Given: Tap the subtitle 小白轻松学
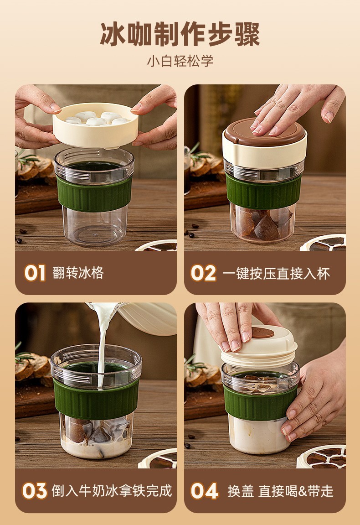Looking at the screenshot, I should click(x=180, y=61).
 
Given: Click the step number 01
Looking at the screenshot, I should click(x=35, y=273).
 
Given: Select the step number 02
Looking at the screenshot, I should click(x=203, y=273).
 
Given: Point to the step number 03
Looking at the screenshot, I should click(x=35, y=491).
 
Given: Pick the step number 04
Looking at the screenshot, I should click(x=204, y=491).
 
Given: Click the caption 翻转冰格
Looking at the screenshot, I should click(x=78, y=273).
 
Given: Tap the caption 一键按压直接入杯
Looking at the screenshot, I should click(x=276, y=274).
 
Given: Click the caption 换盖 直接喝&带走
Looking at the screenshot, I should click(x=280, y=491).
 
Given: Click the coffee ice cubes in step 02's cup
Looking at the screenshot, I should click(x=262, y=224).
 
